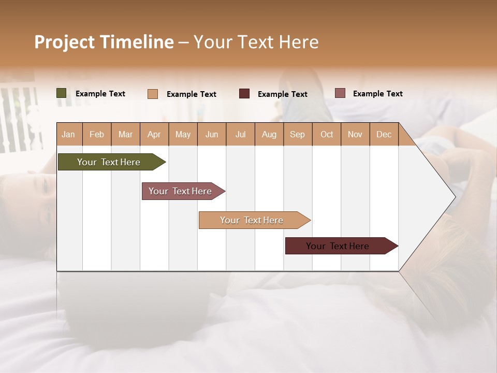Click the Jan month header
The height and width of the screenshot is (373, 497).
69,134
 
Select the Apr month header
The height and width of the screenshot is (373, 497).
154,134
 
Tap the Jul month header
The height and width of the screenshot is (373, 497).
241,134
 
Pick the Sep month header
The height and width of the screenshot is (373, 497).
298,134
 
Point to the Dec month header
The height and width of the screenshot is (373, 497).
384,134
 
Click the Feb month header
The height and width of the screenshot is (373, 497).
97,134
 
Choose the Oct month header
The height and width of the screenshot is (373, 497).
327,134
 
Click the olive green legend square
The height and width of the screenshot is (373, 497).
62,93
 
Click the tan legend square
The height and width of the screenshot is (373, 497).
153,94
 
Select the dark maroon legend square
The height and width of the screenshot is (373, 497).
244,94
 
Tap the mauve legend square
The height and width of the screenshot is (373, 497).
340,93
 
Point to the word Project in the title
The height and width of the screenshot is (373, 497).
64,42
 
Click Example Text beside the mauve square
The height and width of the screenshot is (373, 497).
377,94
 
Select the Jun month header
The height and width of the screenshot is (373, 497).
212,134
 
